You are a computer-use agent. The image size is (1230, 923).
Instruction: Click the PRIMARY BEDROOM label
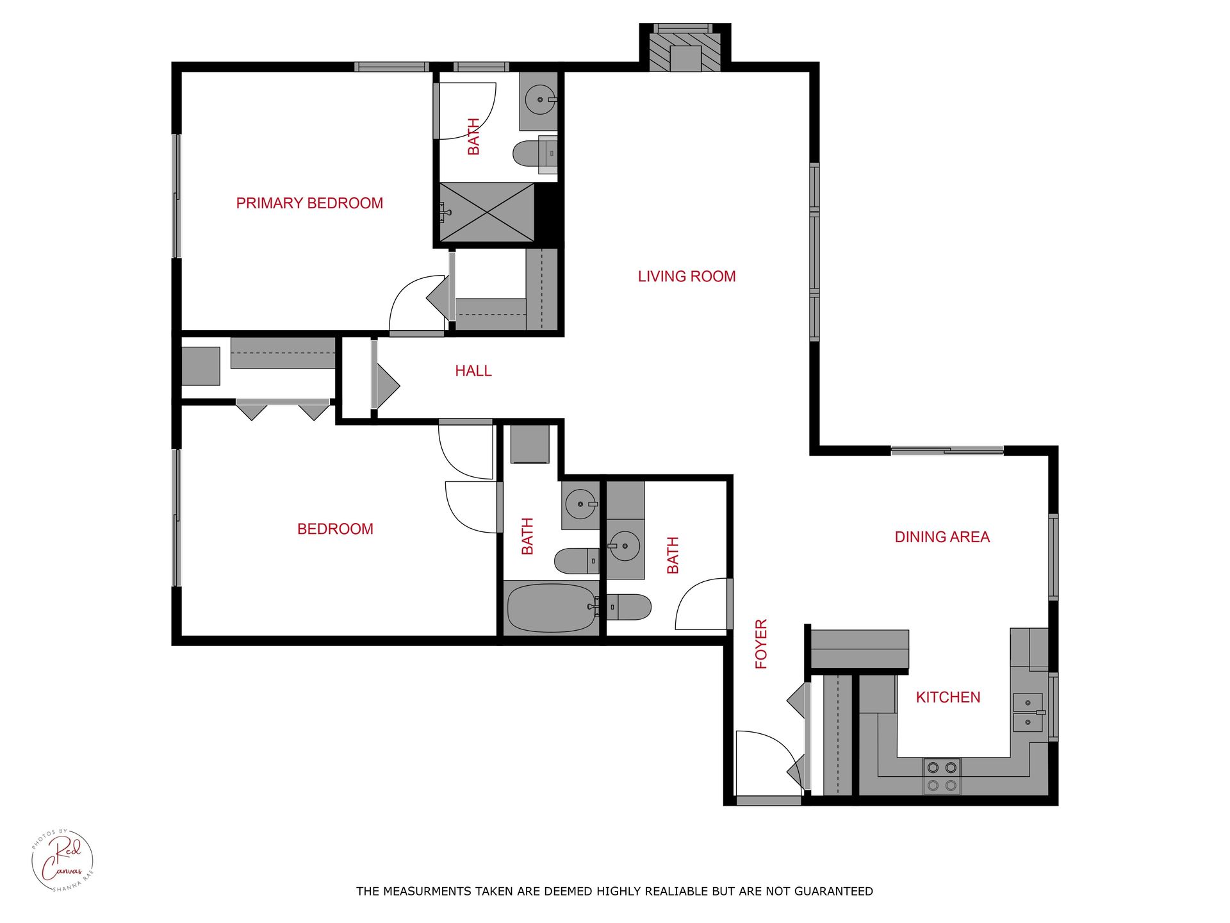pyautogui.click(x=309, y=203)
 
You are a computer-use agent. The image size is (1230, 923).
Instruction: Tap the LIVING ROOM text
pyautogui.click(x=686, y=276)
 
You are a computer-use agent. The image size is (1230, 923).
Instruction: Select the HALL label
pyautogui.click(x=473, y=370)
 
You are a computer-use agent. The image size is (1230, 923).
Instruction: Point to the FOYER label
pyautogui.click(x=761, y=644)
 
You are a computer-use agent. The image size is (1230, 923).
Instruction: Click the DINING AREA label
pyautogui.click(x=942, y=537)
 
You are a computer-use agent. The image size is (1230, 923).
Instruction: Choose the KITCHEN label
pyautogui.click(x=947, y=697)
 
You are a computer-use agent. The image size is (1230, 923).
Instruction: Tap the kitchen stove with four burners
pyautogui.click(x=942, y=776)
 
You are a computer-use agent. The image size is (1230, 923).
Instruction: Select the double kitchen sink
pyautogui.click(x=1028, y=713)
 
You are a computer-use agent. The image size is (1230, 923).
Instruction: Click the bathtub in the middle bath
pyautogui.click(x=551, y=608)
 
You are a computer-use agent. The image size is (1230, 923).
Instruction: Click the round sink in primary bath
pyautogui.click(x=539, y=100)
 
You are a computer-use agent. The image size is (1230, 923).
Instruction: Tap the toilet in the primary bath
pyautogui.click(x=530, y=154)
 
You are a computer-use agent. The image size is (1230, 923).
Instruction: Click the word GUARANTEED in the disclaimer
pyautogui.click(x=833, y=891)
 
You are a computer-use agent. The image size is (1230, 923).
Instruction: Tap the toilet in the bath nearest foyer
pyautogui.click(x=631, y=607)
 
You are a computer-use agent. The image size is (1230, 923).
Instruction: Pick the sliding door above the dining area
pyautogui.click(x=947, y=451)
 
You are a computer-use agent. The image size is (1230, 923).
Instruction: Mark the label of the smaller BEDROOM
pyautogui.click(x=335, y=529)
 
